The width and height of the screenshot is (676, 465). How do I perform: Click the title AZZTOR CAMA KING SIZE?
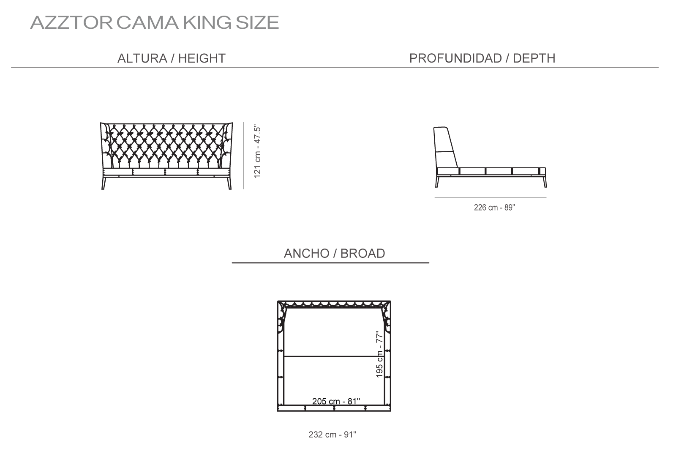coord(155,23)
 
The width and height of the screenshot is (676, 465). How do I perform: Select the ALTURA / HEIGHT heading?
coord(172,58)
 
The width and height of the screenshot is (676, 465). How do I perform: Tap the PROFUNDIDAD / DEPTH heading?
coord(482,58)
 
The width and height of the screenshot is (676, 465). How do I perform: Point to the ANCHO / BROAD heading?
coord(334,253)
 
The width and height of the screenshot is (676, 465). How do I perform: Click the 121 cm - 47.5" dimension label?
coord(257,151)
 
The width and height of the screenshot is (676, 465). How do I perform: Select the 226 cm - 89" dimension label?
coord(494,208)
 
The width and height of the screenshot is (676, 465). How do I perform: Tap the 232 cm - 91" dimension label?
coord(332,435)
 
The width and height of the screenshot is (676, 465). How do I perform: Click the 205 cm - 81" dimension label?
coord(336,401)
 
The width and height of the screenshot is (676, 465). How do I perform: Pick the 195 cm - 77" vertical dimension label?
coord(379,355)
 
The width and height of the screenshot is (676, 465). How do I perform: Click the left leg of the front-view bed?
coord(104,183)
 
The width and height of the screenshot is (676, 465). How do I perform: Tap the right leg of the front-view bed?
coord(229,183)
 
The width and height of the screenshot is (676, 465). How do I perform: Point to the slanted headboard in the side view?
coord(445,148)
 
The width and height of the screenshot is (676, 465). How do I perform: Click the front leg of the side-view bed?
coord(545,181)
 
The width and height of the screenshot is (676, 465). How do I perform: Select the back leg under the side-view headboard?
coord(437,181)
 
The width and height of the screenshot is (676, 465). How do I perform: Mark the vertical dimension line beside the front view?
coord(243,156)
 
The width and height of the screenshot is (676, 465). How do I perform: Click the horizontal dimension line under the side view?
coord(491,198)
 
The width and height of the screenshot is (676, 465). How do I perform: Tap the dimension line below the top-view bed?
coord(335,423)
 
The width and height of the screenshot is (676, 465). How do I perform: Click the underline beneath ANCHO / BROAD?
coord(330,263)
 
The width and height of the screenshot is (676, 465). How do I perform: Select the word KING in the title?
coord(207,23)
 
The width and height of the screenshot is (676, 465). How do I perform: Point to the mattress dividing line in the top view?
coord(334,357)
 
